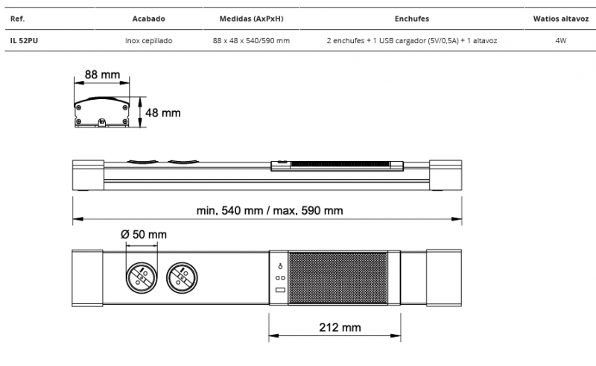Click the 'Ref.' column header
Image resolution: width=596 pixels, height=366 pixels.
click(x=17, y=19)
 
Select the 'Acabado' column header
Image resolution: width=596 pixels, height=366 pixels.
click(x=148, y=19)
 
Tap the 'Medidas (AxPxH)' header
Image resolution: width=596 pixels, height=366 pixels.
click(x=251, y=19)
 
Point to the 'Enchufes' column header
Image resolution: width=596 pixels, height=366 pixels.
click(x=412, y=19)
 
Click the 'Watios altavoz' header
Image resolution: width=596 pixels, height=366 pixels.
click(x=561, y=19)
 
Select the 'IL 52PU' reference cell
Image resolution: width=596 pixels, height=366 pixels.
click(x=24, y=41)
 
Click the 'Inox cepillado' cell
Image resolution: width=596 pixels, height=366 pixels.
click(x=148, y=41)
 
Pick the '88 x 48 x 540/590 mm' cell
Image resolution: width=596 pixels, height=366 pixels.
click(x=251, y=41)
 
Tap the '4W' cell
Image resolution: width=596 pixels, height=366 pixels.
click(x=561, y=41)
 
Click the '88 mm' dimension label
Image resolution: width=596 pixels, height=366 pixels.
click(x=102, y=75)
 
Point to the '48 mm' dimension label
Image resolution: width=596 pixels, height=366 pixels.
click(x=162, y=113)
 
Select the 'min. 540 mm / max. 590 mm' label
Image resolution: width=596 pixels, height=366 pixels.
click(x=270, y=211)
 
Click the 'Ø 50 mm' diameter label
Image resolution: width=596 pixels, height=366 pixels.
click(x=144, y=234)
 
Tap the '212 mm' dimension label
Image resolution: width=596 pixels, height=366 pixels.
click(x=340, y=327)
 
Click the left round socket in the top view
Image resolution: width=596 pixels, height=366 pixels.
click(x=142, y=278)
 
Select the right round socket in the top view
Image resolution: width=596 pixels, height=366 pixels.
click(x=182, y=278)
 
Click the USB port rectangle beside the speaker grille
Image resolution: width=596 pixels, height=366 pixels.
click(x=280, y=290)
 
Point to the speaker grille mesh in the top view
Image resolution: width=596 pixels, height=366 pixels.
click(x=338, y=278)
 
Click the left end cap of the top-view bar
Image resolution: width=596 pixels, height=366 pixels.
click(x=87, y=278)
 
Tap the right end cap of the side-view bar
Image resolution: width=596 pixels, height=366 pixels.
click(x=446, y=175)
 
